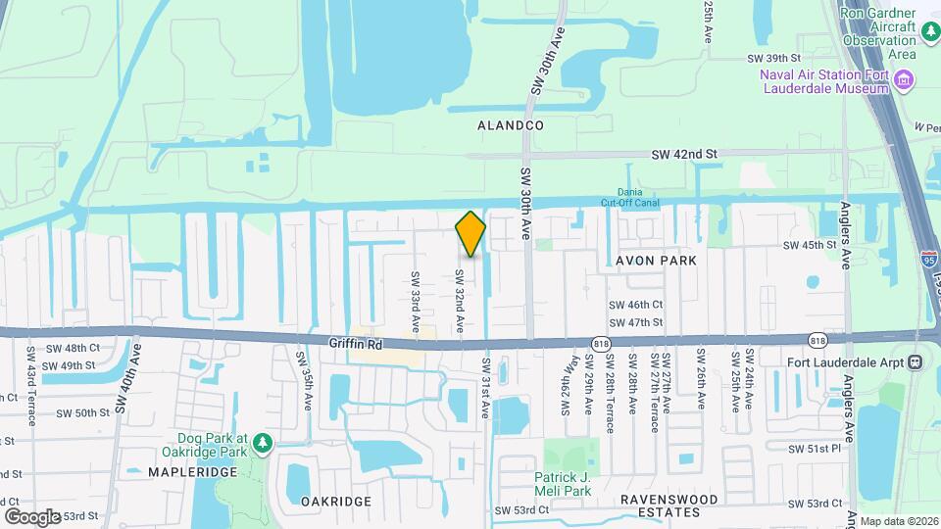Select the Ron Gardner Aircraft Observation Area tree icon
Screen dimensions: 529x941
[929, 32]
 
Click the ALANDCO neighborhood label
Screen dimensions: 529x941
[510, 125]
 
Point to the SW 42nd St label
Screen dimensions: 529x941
[686, 154]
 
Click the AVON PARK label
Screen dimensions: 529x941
[657, 261]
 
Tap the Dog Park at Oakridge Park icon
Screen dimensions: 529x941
[262, 444]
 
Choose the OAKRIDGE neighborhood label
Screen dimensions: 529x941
[336, 501]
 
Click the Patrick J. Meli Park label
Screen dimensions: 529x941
[563, 484]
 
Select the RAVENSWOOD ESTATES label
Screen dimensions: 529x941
[669, 505]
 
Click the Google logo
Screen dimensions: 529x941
[32, 516]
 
